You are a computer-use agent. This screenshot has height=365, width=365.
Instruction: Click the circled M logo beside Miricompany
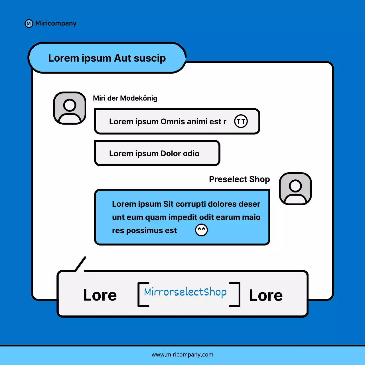point(29,24)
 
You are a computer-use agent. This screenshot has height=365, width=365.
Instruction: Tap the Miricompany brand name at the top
point(56,23)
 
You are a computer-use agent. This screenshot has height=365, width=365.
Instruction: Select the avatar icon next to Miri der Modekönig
point(70,108)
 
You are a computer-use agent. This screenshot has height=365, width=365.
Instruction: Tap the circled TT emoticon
point(241,121)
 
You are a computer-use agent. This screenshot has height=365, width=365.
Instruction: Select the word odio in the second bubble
point(191,153)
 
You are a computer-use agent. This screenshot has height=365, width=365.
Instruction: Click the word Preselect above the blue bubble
point(228,179)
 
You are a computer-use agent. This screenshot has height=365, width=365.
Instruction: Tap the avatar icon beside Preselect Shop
point(295,189)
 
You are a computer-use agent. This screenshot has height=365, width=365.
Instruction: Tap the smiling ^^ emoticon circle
point(201,230)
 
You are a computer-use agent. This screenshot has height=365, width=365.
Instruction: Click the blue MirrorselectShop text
point(185,292)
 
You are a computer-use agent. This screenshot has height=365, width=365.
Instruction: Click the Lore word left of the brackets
point(100,295)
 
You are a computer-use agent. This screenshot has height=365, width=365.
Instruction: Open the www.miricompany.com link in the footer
point(182,355)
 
